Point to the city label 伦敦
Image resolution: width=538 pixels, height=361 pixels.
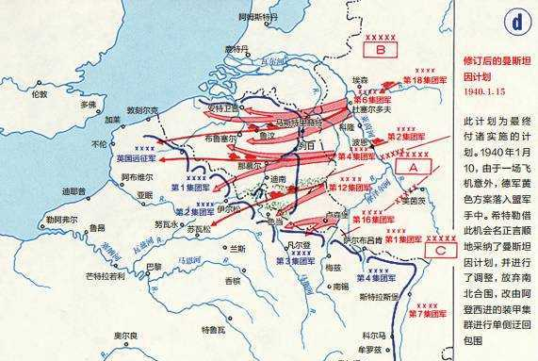pyautogui.click(x=38, y=94)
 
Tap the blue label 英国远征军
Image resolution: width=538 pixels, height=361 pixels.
pyautogui.click(x=136, y=159)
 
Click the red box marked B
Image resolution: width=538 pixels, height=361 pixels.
pyautogui.click(x=381, y=48)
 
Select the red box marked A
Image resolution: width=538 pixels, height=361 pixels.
pyautogui.click(x=413, y=164)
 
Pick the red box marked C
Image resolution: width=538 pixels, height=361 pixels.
pyautogui.click(x=440, y=251)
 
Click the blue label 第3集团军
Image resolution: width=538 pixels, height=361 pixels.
pyautogui.click(x=295, y=260)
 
